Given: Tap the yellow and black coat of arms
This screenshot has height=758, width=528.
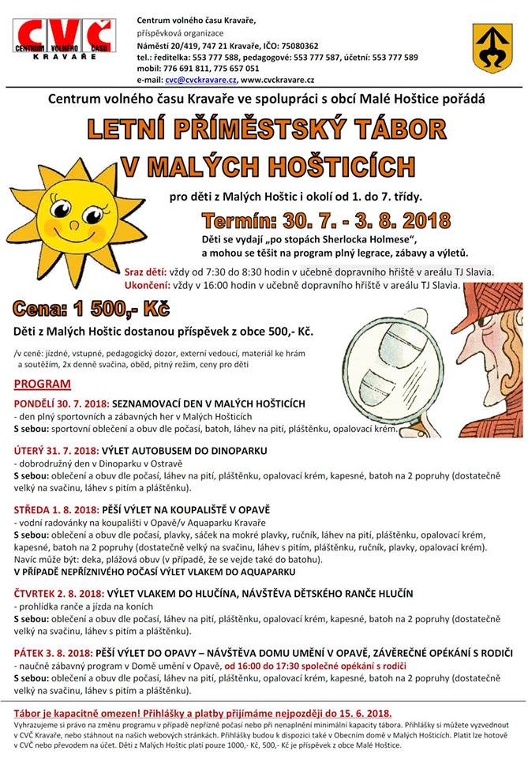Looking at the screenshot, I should (492, 49).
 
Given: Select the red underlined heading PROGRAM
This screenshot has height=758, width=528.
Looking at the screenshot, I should (41, 385).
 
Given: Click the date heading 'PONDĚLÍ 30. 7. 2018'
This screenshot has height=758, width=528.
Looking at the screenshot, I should (61, 403).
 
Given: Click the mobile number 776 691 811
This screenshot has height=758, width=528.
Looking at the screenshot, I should (186, 68).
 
